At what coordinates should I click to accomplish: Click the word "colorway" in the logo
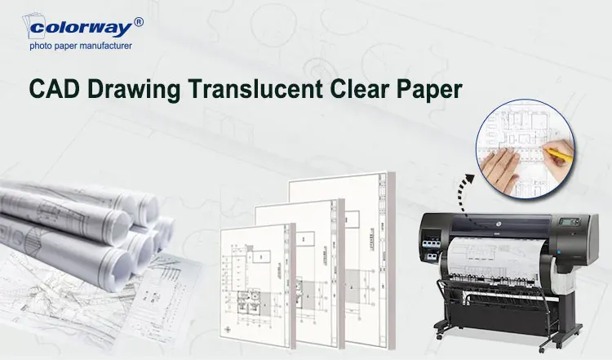[80, 29]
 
